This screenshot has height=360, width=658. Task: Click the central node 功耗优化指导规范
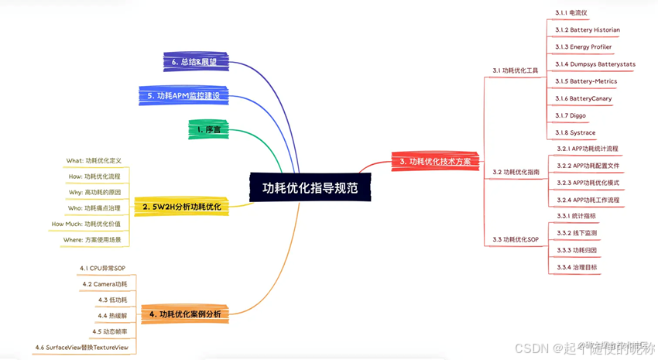(x=310, y=187)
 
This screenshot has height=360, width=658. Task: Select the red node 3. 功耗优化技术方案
(x=435, y=162)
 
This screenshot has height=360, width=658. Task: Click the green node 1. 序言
(x=208, y=130)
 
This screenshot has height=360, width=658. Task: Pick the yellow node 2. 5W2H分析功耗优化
(x=181, y=207)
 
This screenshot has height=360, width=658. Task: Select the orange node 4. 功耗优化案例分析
(x=185, y=314)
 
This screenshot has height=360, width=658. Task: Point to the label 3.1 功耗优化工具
(x=515, y=70)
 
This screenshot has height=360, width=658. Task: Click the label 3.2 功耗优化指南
(x=516, y=172)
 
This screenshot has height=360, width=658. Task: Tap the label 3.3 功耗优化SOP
(x=515, y=240)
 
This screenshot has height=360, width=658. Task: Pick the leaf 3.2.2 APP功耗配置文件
(x=588, y=166)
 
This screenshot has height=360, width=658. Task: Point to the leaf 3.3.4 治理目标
(x=577, y=267)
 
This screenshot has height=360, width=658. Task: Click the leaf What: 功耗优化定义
(x=94, y=161)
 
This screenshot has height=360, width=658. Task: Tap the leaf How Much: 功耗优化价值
(x=86, y=224)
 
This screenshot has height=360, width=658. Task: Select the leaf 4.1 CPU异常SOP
(x=102, y=268)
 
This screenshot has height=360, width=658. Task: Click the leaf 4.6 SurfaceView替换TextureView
(x=81, y=348)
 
